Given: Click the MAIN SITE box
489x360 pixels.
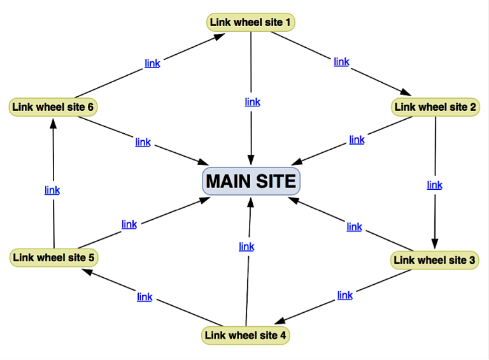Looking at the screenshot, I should pos(251,181).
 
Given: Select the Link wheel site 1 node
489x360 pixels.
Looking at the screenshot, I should pos(251,23).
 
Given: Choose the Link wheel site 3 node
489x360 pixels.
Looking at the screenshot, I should pos(434,260).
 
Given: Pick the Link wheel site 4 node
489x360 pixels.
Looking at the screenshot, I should pos(246,335).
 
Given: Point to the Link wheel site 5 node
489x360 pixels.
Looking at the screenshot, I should pos(54,257).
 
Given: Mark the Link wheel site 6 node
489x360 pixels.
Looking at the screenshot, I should pos(53,107).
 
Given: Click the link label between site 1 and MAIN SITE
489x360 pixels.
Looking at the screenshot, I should pos(253,102).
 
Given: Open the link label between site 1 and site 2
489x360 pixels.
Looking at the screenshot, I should pos(342,62).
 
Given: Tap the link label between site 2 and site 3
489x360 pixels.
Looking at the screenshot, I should pos(435,185).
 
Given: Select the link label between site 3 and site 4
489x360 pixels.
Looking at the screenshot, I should pos(345,295).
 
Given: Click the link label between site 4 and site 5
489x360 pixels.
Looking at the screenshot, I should pos(145,297).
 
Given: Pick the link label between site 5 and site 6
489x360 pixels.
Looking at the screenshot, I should pos(52,190).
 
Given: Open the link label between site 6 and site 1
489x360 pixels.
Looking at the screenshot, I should pos(152,63).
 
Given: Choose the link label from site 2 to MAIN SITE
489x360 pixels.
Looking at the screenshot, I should pos(357,140).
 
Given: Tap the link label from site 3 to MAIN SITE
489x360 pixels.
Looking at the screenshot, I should pos(355,227).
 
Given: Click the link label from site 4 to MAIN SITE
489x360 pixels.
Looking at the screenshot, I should pos(246,247).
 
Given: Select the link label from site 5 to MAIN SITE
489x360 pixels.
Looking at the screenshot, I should pos(129,224).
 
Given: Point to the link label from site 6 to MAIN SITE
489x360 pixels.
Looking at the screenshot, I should pos(143,142).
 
